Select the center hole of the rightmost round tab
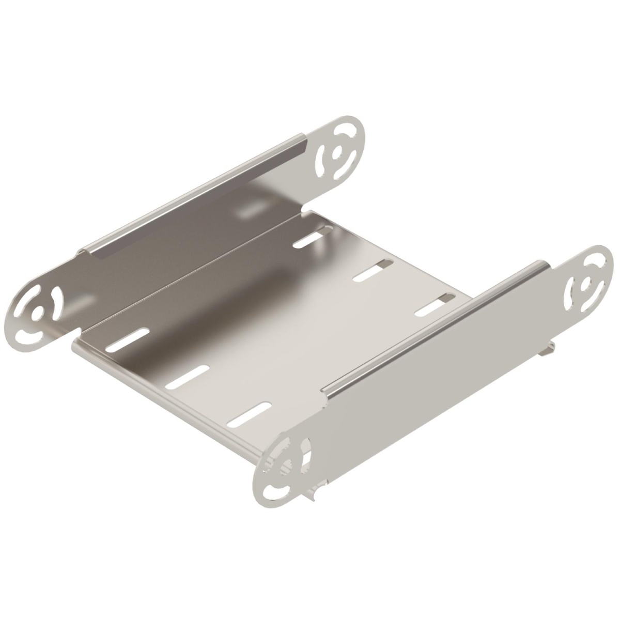point(586,283)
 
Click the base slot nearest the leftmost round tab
point(128,339)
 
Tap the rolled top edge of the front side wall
point(434,326)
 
